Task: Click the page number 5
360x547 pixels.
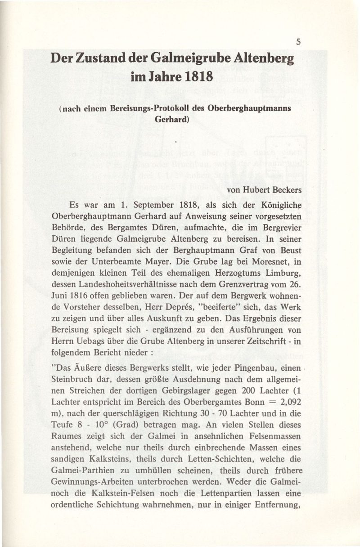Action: tap(298, 42)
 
